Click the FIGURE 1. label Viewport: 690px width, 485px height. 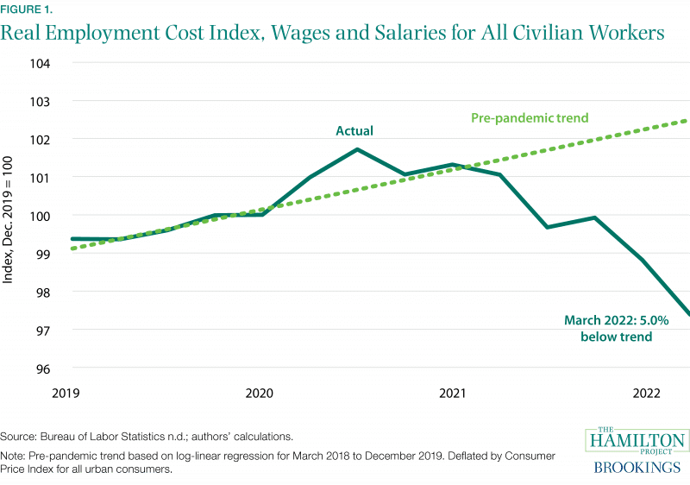point(26,9)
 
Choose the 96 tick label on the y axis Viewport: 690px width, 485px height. point(42,368)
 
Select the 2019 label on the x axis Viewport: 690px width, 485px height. point(66,394)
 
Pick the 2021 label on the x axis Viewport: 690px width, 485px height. point(454,394)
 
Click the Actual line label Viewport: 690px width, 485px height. point(354,131)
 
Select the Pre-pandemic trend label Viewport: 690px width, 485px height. point(525,119)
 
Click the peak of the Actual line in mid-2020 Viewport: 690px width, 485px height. point(357,149)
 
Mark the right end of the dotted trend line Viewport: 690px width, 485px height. point(687,121)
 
